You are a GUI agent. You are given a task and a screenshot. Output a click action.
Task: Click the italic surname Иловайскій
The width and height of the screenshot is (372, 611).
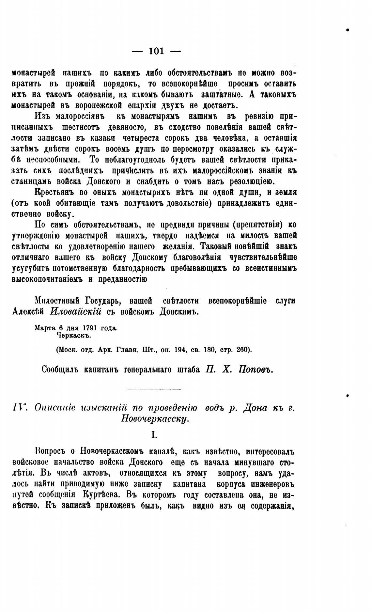[x=76, y=311]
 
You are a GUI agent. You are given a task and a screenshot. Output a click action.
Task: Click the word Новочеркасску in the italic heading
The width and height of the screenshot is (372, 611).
[x=155, y=418]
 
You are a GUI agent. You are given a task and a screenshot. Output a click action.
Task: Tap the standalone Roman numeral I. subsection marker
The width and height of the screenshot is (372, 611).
[x=154, y=435]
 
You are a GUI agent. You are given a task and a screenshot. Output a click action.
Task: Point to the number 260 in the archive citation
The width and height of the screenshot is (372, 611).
[x=241, y=350]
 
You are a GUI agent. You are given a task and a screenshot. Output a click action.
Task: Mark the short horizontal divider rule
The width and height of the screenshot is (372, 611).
[x=154, y=389]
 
